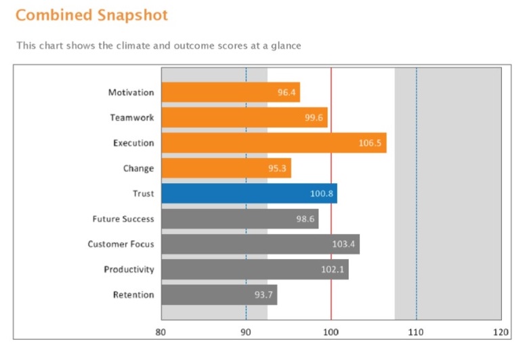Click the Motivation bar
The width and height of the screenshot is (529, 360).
click(230, 92)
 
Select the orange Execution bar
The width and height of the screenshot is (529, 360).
click(274, 143)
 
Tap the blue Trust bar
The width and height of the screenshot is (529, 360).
click(249, 194)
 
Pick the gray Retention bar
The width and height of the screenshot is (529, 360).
click(219, 295)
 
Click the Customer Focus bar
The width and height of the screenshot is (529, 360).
click(260, 244)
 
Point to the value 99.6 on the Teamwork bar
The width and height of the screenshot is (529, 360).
click(315, 118)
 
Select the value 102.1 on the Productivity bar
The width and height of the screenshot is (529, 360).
click(333, 270)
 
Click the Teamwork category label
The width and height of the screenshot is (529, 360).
click(132, 118)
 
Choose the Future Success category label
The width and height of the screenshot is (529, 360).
click(123, 219)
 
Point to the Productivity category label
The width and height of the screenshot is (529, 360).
click(129, 270)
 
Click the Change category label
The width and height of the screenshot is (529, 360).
click(138, 169)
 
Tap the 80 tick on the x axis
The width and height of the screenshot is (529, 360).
click(161, 332)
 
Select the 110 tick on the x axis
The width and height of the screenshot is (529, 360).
click(416, 332)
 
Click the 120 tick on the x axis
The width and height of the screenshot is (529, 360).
click(501, 332)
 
